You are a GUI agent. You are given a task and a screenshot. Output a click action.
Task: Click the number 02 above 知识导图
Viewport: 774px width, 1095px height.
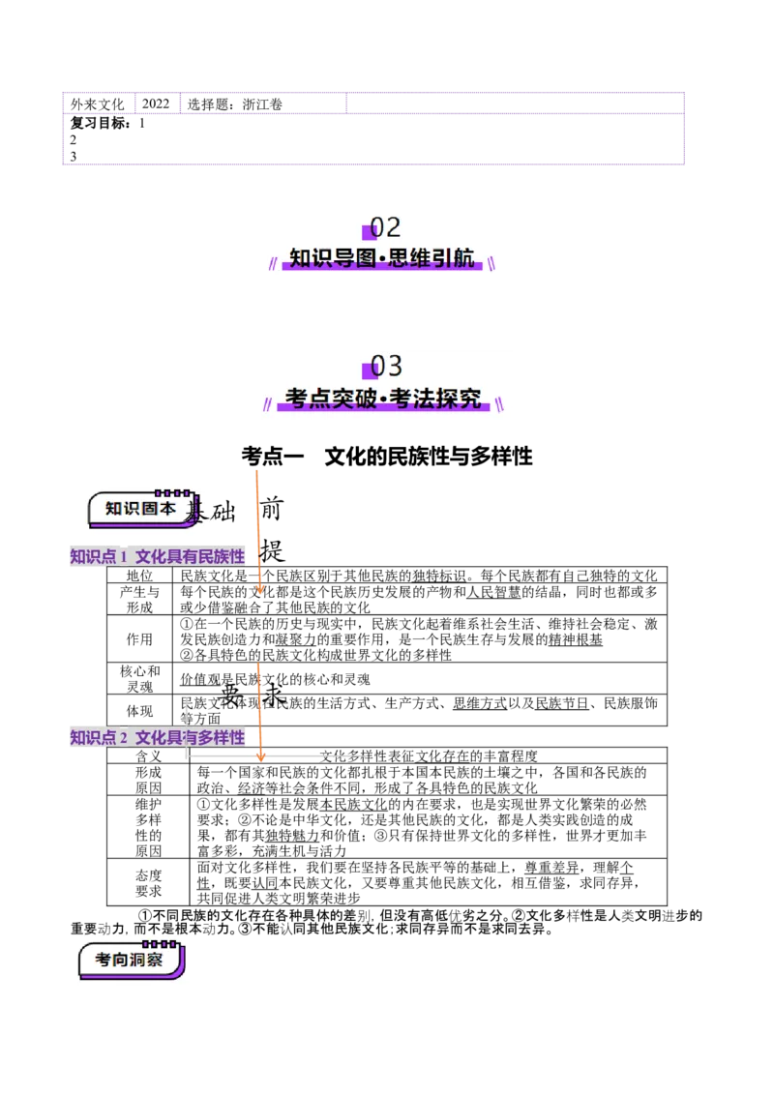[x=386, y=227]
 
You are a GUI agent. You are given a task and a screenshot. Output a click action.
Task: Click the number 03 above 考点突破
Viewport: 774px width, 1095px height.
[x=386, y=366]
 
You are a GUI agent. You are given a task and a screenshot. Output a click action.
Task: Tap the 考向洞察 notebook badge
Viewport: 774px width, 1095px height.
[x=129, y=961]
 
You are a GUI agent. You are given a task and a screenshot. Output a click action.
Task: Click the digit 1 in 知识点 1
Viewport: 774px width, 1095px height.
[x=125, y=557]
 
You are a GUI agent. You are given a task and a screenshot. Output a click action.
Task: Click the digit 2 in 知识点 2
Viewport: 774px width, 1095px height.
[x=125, y=739]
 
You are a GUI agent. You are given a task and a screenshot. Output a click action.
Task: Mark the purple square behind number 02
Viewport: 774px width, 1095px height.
[x=369, y=232]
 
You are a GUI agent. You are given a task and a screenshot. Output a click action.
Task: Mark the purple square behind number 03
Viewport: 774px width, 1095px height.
[x=369, y=370]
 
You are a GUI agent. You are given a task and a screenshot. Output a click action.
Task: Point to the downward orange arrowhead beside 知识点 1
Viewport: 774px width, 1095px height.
[x=259, y=589]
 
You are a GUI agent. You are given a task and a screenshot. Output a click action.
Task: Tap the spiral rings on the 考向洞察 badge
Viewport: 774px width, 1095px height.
[x=161, y=942]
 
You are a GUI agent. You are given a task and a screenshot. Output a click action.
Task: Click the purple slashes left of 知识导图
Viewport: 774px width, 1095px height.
[x=275, y=260]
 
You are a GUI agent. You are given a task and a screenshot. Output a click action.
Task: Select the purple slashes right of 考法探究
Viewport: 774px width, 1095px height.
[x=498, y=400]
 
